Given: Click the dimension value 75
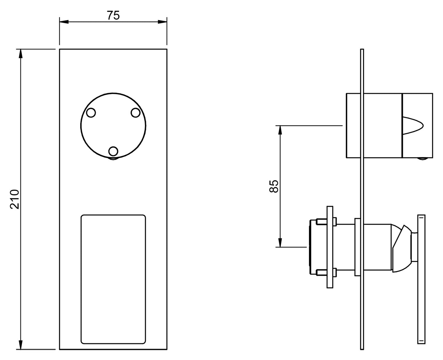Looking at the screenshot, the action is (x=113, y=15).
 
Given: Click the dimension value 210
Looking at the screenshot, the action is (x=14, y=199).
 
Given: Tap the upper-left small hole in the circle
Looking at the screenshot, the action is (x=91, y=113).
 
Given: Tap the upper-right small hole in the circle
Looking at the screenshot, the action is (x=136, y=113).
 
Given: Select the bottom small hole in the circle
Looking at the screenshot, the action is (x=113, y=151).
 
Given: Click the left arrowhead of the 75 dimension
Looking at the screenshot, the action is (x=64, y=22).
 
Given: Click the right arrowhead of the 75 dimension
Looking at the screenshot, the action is (x=162, y=22).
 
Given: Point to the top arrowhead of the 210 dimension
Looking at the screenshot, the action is (x=21, y=54).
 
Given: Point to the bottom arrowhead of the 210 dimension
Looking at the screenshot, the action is (x=21, y=345).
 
